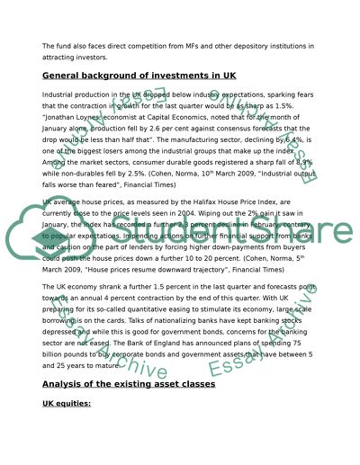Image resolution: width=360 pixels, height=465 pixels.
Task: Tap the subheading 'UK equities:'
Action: point(67,405)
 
